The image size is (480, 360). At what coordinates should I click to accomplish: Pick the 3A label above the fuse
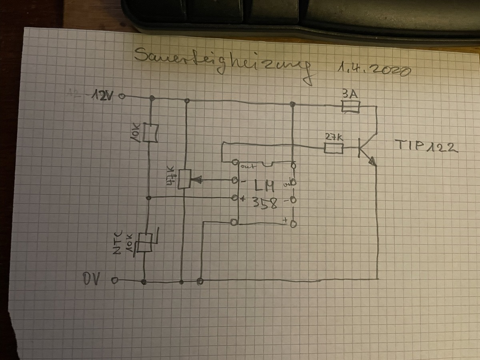click(x=350, y=94)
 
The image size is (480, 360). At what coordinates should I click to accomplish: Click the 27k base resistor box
click(x=333, y=149)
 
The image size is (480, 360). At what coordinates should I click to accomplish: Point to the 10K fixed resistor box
click(x=150, y=133)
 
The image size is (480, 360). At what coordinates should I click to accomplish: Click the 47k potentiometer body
click(x=184, y=179)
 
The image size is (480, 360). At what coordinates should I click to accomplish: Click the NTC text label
click(x=117, y=244)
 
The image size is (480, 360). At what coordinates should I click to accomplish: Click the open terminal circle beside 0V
click(x=115, y=281)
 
